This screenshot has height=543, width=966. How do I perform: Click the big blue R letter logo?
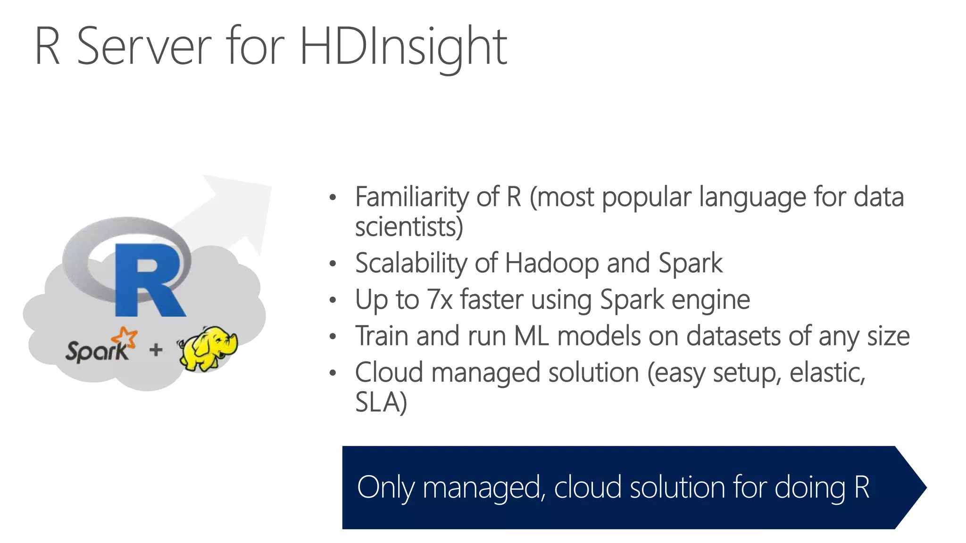point(149,280)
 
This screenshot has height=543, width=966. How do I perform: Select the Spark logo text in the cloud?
point(97,351)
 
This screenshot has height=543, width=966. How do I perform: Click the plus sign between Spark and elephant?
point(156,350)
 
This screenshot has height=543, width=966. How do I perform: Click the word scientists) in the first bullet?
point(409,227)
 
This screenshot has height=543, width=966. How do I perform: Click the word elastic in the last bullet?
point(827,372)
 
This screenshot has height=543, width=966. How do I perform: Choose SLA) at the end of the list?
point(381,402)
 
